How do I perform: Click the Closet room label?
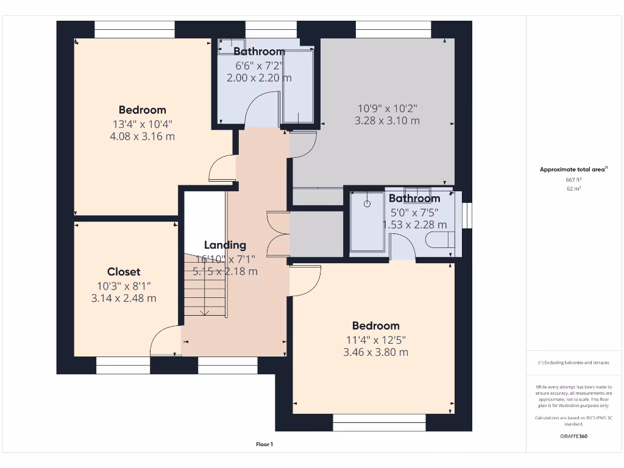click(x=124, y=272)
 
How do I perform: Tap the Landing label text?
click(x=225, y=245)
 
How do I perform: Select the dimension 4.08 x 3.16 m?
click(x=142, y=136)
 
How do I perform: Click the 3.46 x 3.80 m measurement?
click(x=375, y=352)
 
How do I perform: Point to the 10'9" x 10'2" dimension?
click(x=387, y=108)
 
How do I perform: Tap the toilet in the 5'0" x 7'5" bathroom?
click(x=440, y=242)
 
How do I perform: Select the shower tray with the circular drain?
click(x=367, y=221)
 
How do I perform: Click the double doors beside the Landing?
click(x=278, y=233)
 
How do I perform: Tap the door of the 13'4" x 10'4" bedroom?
click(x=221, y=169)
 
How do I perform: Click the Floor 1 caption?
click(x=264, y=444)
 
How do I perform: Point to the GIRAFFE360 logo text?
click(x=574, y=436)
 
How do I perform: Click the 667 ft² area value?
click(x=573, y=180)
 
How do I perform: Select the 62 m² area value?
click(x=573, y=189)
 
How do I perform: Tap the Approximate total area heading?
click(x=573, y=169)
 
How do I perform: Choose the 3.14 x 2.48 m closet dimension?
click(x=124, y=298)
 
